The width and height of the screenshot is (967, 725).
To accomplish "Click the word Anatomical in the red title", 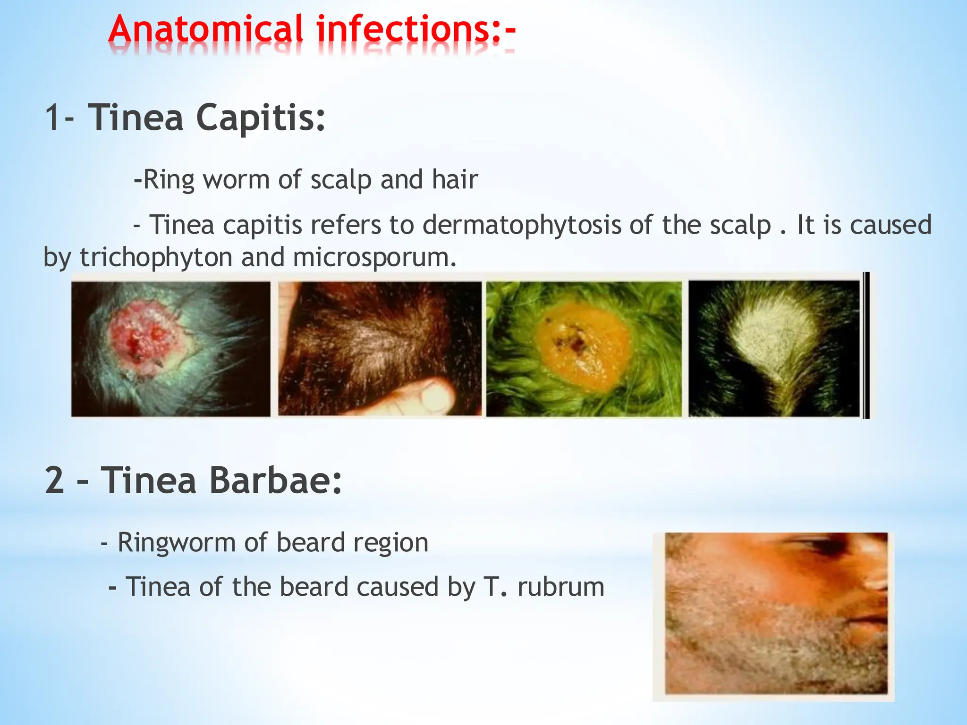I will pyautogui.click(x=205, y=29).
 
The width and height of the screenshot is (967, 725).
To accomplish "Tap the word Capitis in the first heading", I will pyautogui.click(x=261, y=118).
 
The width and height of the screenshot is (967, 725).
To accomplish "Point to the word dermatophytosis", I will pyautogui.click(x=521, y=225).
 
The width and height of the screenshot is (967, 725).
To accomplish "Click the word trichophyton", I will pyautogui.click(x=156, y=258).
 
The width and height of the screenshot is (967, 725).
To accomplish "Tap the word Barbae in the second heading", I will pyautogui.click(x=275, y=481).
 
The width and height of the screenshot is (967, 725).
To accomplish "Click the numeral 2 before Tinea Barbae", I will pyautogui.click(x=54, y=481).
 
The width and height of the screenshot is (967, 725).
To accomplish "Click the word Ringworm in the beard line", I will pyautogui.click(x=176, y=542).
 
